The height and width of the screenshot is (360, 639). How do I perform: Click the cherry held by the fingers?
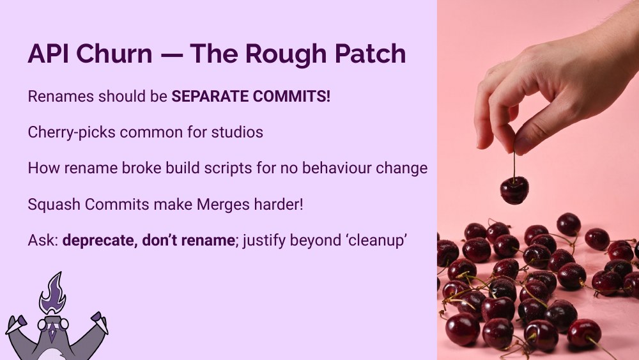514,190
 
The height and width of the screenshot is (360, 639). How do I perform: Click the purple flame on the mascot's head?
52,292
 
